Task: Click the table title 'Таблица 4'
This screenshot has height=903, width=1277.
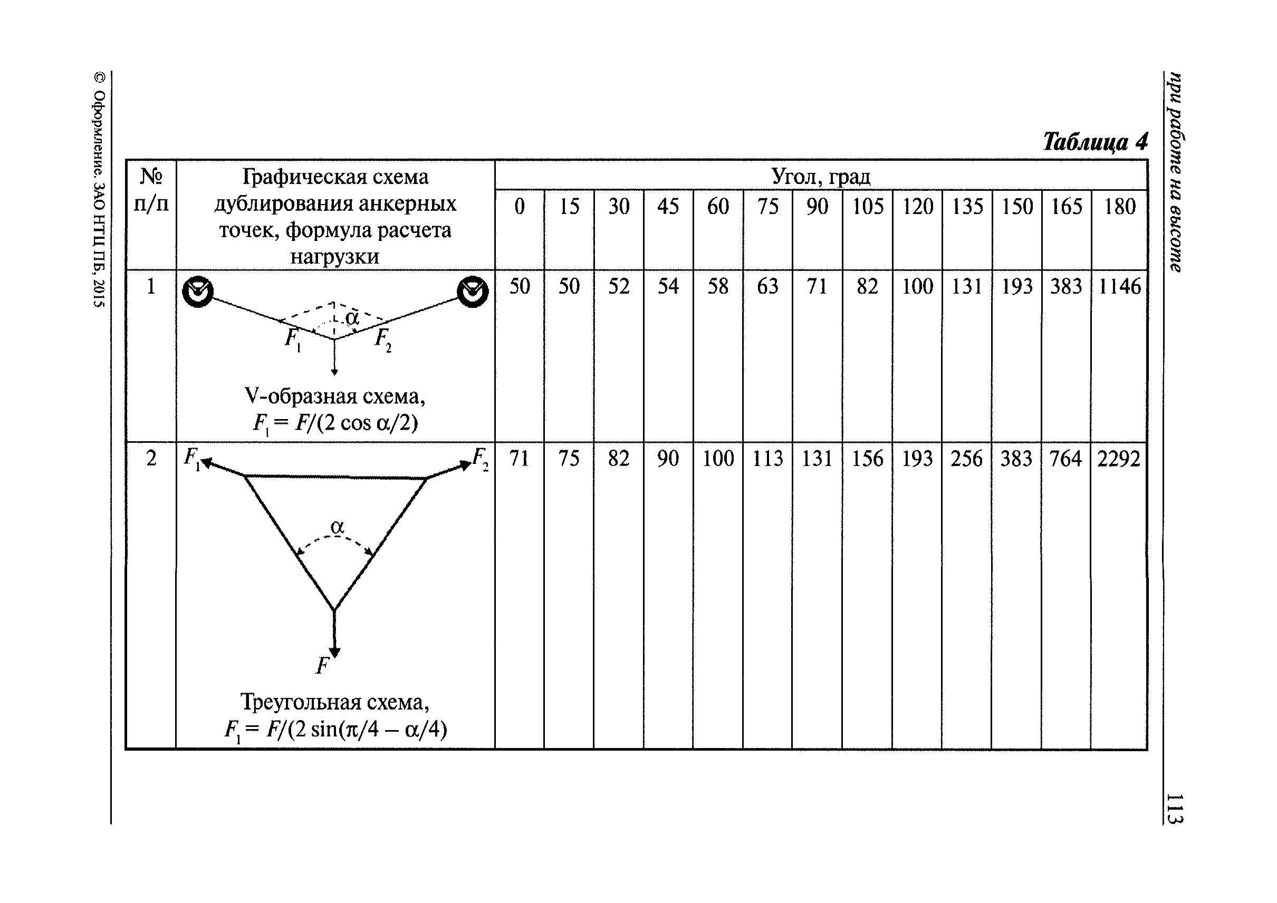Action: coord(1094,142)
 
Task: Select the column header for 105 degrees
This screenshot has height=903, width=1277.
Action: coord(868,207)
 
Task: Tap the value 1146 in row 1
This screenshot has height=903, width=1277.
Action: coord(1119,287)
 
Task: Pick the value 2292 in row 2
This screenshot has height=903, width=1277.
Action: coord(1118,459)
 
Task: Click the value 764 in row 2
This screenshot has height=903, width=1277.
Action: coord(1065,459)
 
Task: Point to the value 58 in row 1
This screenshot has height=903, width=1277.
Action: coord(718,287)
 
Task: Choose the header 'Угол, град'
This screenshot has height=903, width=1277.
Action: coord(821,177)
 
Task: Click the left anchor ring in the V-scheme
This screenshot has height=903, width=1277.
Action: coord(197,292)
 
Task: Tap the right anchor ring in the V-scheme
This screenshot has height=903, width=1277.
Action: coord(473,292)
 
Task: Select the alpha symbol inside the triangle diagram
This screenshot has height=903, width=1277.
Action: coord(337,527)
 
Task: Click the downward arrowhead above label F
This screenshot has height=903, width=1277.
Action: coord(334,652)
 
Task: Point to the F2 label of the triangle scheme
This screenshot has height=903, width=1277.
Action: coord(479,459)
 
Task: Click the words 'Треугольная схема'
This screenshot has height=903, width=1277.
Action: coord(334,702)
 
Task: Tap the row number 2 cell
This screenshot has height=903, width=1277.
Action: coord(151,459)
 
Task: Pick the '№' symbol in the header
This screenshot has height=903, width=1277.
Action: coord(151,177)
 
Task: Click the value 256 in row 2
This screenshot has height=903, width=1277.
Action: coord(966,459)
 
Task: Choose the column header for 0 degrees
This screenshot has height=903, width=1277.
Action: coord(519,207)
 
